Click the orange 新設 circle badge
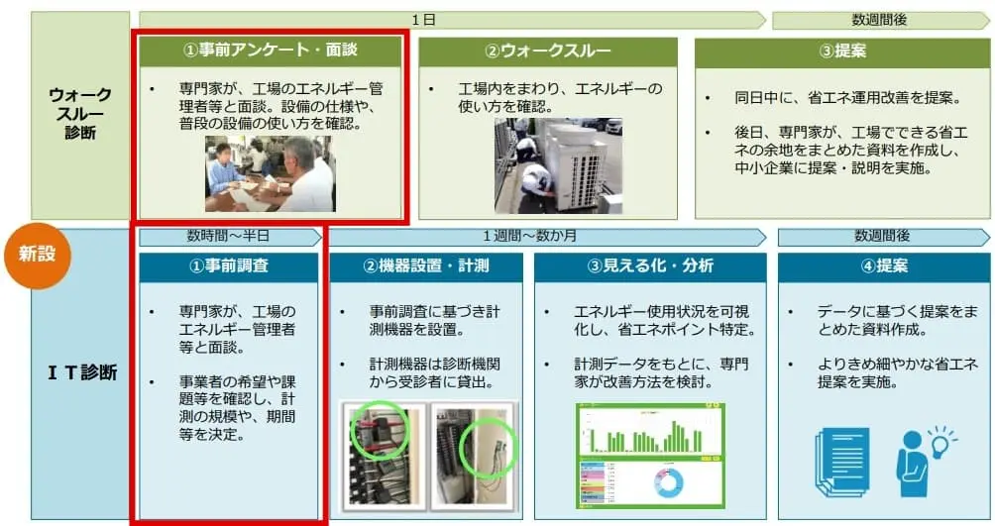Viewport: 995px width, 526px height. coord(37,255)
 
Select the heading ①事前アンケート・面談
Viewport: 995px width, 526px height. coord(271,51)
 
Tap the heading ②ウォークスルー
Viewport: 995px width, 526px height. coord(548,52)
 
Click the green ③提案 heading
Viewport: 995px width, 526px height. coord(842,52)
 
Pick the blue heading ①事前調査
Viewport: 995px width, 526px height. coord(229,266)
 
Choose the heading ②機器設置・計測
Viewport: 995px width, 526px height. coord(426,266)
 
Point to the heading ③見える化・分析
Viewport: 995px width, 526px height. coord(650,266)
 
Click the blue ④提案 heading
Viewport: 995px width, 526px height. coord(883,266)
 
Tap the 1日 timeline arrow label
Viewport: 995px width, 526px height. coord(423,20)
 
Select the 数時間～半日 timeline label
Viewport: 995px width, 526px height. coord(229,236)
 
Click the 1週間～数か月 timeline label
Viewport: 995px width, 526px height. coord(529,236)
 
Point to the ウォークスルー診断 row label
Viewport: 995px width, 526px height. coord(80,114)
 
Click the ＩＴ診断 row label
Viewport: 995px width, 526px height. coord(82,372)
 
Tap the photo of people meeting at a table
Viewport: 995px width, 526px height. coord(270,173)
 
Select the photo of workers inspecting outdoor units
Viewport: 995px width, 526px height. coord(558,166)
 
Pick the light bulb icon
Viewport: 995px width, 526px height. coord(940,442)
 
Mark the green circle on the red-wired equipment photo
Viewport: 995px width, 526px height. coord(379,430)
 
